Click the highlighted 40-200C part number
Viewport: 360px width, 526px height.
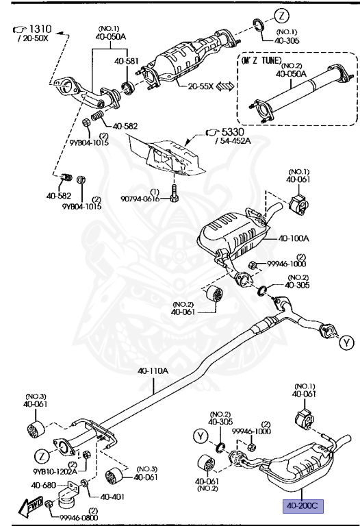(x=303, y=505)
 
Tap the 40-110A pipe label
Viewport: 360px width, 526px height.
(x=153, y=371)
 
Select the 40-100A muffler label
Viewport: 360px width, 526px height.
(x=294, y=238)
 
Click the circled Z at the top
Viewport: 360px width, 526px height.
(x=281, y=16)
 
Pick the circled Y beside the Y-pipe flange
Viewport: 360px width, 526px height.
(x=346, y=343)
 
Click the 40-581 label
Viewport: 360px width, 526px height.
(x=126, y=61)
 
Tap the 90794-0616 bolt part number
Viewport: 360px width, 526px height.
(x=140, y=199)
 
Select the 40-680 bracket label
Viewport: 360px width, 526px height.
(x=43, y=485)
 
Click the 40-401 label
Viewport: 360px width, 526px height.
(x=112, y=497)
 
